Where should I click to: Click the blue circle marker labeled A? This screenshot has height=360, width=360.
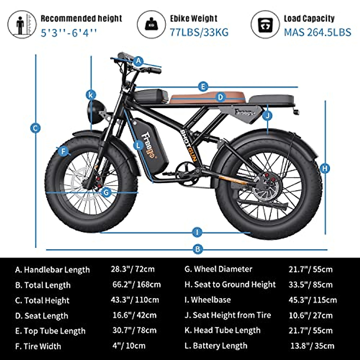(x=138, y=61)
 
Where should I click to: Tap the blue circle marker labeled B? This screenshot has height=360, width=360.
(x=197, y=249)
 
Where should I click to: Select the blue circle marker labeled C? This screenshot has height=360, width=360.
(x=35, y=128)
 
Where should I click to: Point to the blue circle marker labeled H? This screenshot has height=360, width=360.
(x=325, y=168)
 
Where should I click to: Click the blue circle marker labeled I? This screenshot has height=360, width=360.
(x=197, y=232)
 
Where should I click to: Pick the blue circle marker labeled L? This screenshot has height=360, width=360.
(x=138, y=146)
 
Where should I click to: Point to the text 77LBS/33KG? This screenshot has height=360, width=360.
(x=199, y=32)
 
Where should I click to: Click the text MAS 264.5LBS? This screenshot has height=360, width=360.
(x=317, y=32)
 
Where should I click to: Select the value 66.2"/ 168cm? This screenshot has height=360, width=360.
(x=136, y=284)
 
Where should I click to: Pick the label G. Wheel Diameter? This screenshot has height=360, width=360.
(x=218, y=269)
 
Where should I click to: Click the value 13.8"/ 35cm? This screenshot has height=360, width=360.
(x=312, y=346)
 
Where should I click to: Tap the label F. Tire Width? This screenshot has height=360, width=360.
(x=38, y=346)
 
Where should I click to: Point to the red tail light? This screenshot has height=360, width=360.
(x=296, y=112)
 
